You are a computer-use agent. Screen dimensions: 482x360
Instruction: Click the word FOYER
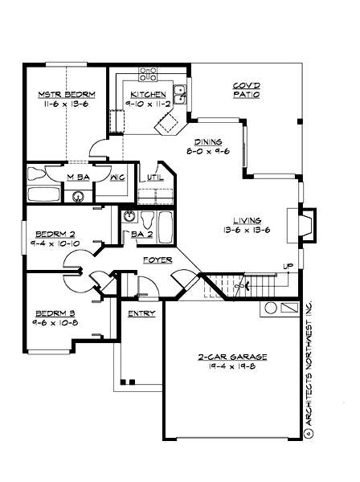click(x=156, y=260)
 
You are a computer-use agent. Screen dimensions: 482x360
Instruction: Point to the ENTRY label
click(x=141, y=313)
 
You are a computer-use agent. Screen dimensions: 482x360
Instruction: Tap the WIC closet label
click(x=116, y=177)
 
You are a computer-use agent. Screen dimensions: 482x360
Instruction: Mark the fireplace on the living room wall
click(x=301, y=227)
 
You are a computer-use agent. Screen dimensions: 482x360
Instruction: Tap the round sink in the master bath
click(x=79, y=195)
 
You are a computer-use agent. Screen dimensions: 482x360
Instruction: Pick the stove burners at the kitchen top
click(x=147, y=76)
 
